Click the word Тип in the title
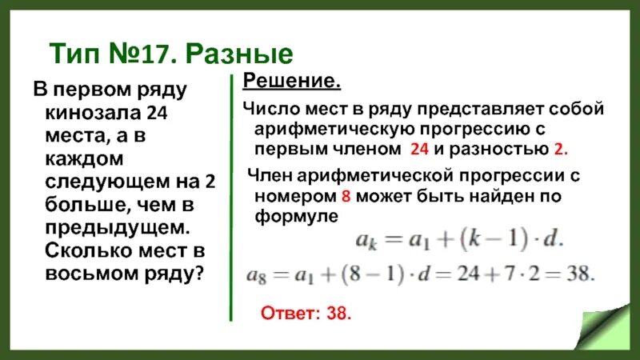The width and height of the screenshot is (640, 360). (x=76, y=54)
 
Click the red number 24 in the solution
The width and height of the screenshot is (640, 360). (x=418, y=150)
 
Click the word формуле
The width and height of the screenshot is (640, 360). (x=294, y=215)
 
